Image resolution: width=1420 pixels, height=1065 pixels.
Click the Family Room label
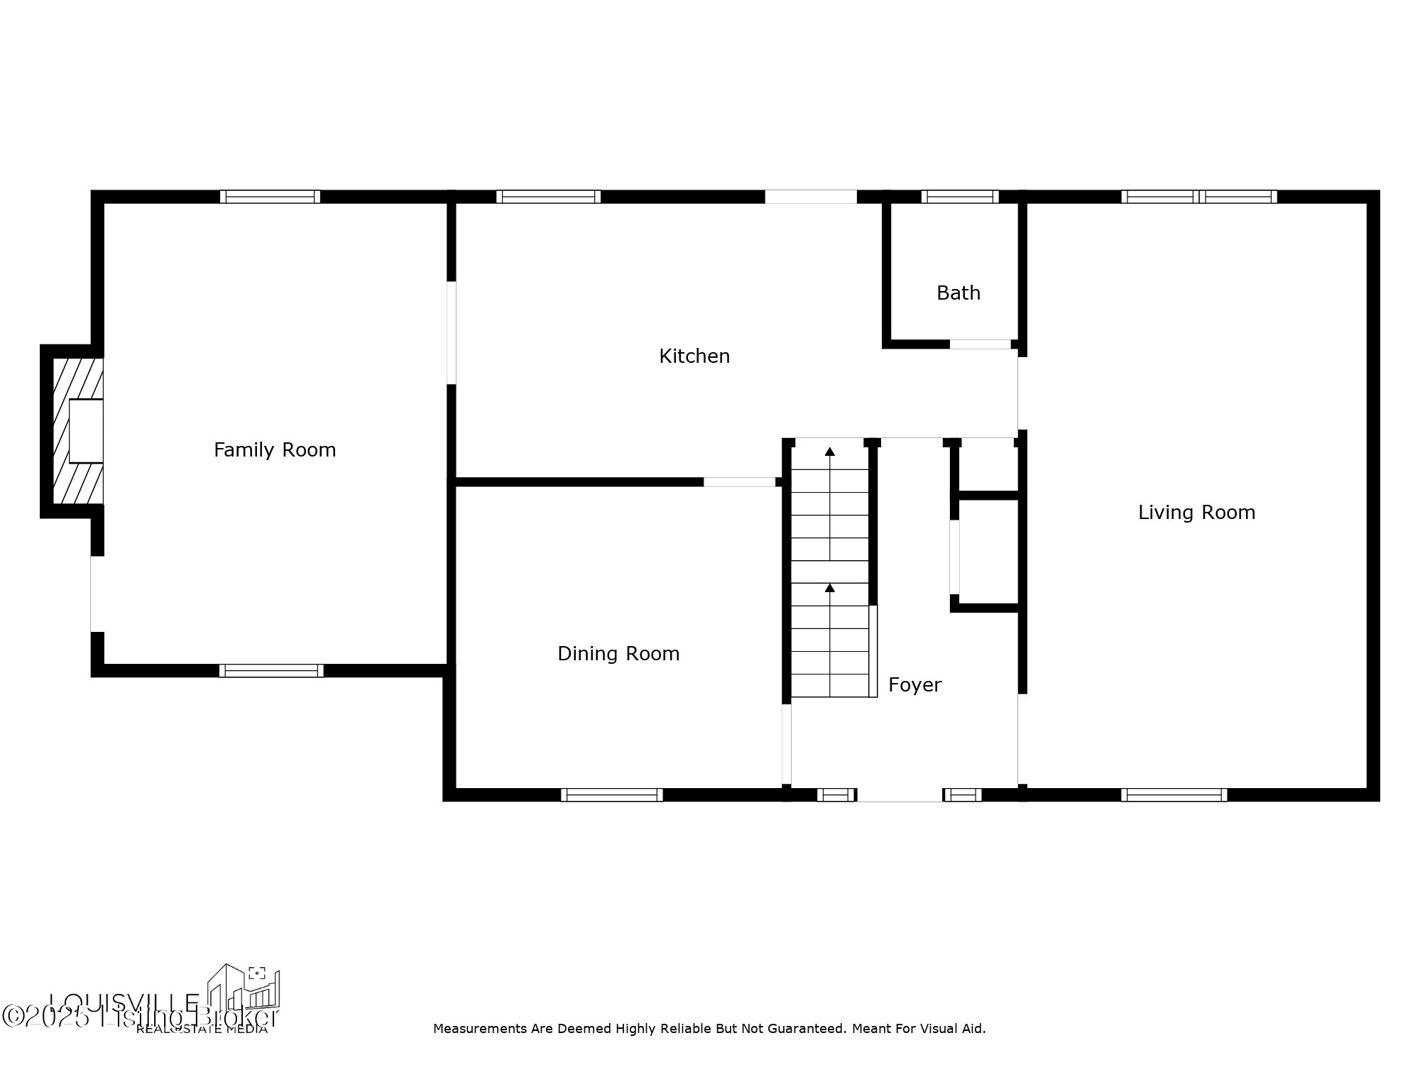(x=275, y=449)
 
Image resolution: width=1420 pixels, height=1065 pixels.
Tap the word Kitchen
(x=694, y=356)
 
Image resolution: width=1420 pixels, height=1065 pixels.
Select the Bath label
(x=958, y=293)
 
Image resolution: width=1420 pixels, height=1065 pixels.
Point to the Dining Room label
(x=618, y=653)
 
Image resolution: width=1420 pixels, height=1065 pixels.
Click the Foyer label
(x=914, y=684)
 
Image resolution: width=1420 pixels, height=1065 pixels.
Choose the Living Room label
(x=1196, y=512)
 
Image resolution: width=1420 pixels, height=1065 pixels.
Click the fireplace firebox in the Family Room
(x=86, y=431)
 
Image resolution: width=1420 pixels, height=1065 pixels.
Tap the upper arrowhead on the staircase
(x=829, y=452)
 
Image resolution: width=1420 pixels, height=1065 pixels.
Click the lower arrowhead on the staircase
(x=829, y=588)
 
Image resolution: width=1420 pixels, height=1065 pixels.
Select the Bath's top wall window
(x=960, y=197)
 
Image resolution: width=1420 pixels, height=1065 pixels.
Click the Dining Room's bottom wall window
(x=611, y=794)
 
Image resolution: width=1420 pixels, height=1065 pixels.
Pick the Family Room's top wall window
(x=270, y=197)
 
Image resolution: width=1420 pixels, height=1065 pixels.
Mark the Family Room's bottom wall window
(x=271, y=670)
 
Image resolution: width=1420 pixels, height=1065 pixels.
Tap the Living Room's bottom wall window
(x=1174, y=794)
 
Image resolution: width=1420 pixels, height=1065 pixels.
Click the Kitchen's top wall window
(x=548, y=197)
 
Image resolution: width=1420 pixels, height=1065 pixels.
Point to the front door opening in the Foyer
(x=900, y=795)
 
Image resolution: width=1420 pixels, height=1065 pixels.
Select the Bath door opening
(x=980, y=344)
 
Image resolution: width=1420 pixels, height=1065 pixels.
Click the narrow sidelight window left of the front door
(x=836, y=794)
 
